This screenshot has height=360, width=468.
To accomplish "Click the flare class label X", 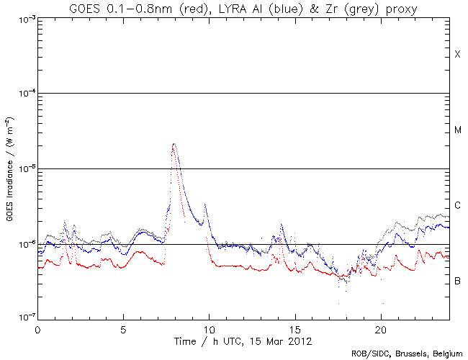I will tap(457, 55).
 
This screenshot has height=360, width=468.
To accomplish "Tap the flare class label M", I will tap(457, 130).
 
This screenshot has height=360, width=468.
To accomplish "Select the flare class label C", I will tap(457, 206).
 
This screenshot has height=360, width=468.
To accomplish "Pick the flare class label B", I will tap(457, 280).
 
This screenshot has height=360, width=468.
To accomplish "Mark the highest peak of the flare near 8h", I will tap(174, 144).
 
